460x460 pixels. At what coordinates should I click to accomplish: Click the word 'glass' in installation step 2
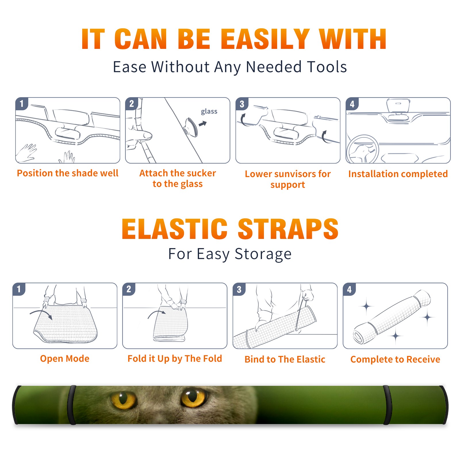[x=209, y=112]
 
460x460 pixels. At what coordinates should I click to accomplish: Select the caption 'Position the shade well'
[x=68, y=173]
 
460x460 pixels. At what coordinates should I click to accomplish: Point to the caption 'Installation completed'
[x=398, y=174]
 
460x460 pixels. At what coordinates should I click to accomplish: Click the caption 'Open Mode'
[x=65, y=359]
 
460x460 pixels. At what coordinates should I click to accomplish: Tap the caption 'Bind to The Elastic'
[x=285, y=359]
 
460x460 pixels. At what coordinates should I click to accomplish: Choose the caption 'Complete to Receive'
[x=395, y=359]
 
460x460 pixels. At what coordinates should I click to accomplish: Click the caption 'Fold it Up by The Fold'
[x=175, y=359]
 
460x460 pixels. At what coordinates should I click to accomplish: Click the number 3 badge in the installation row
[x=242, y=104]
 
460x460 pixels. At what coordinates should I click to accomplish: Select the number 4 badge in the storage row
[x=349, y=289]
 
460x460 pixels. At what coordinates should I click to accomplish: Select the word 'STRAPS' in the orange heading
[x=288, y=229]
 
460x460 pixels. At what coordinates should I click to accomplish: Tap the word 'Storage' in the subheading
[x=263, y=254]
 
